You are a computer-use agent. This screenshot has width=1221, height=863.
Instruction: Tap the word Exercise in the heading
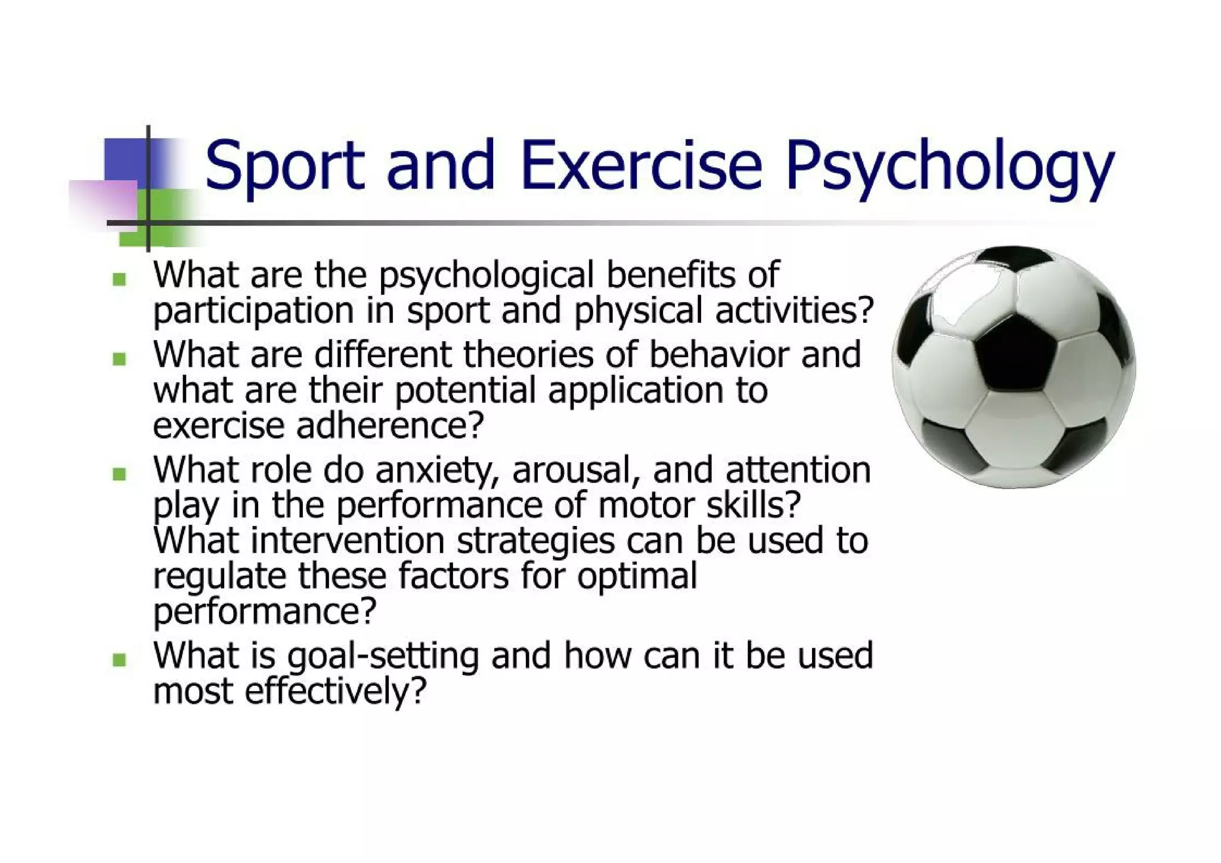(641, 164)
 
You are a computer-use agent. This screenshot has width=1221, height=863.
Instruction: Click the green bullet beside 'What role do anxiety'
(119, 474)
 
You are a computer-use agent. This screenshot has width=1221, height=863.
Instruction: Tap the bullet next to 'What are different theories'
(119, 358)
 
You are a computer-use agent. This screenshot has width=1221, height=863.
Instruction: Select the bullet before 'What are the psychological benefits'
(119, 279)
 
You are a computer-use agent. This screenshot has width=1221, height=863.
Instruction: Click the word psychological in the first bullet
(486, 276)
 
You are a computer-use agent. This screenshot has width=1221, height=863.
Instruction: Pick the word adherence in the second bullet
(389, 426)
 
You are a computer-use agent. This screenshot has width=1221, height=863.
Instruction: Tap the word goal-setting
(383, 657)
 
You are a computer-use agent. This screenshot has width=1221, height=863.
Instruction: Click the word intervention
(348, 541)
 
